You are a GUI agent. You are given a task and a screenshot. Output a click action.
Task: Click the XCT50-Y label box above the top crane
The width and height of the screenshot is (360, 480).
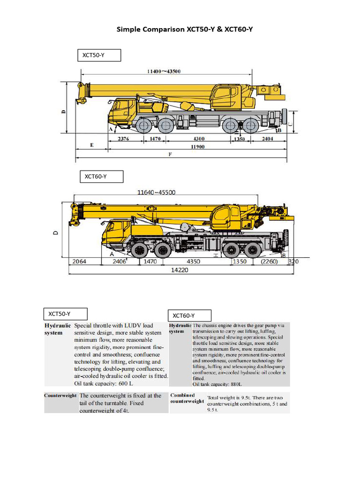tap(99, 55)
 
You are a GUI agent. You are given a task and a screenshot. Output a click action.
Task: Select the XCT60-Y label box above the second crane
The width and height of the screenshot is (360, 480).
tap(101, 177)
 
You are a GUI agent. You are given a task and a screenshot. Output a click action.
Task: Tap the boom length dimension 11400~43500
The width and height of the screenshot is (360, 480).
tap(164, 71)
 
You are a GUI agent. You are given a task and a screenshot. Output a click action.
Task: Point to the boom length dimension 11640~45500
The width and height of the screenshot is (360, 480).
tap(156, 192)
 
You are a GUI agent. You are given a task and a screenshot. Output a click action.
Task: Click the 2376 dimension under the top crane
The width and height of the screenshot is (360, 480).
tap(123, 139)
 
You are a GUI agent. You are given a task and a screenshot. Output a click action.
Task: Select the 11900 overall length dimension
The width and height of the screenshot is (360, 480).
tap(197, 147)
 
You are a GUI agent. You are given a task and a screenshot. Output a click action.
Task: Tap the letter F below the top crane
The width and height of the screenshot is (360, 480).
tap(170, 155)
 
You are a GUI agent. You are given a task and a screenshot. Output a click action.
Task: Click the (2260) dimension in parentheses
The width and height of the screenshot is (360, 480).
tap(270, 261)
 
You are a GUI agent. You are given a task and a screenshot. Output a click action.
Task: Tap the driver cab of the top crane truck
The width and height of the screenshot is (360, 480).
tap(122, 110)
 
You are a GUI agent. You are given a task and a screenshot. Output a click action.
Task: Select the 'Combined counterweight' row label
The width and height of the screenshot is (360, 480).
tap(187, 398)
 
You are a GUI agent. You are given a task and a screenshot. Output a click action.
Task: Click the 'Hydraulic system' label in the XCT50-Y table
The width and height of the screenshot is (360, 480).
tap(58, 329)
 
